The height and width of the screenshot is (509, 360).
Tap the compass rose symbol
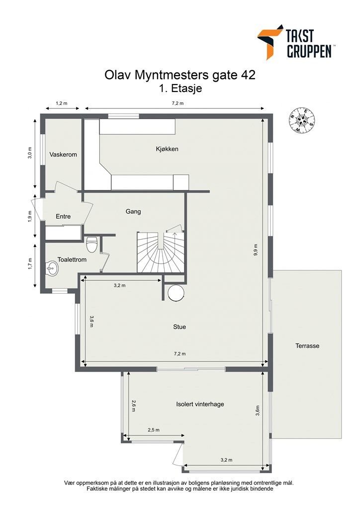[302, 120]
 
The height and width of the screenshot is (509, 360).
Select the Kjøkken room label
[167, 149]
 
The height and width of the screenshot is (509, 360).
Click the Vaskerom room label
[63, 155]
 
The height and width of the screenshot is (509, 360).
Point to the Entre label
[63, 216]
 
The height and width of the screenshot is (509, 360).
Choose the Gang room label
[133, 211]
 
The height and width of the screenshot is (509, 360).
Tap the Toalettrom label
[72, 259]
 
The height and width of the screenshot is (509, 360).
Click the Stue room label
[180, 327]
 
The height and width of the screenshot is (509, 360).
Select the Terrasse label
[307, 346]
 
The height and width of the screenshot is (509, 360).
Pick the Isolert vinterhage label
[200, 404]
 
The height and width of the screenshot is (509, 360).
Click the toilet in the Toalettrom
[91, 244]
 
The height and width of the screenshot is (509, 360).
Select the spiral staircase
[161, 253]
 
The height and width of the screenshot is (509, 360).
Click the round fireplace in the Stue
[177, 293]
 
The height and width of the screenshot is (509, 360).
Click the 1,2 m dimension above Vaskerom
[61, 103]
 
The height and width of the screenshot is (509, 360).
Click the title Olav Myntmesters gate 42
[180, 75]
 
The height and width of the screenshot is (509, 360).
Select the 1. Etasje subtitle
[180, 89]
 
